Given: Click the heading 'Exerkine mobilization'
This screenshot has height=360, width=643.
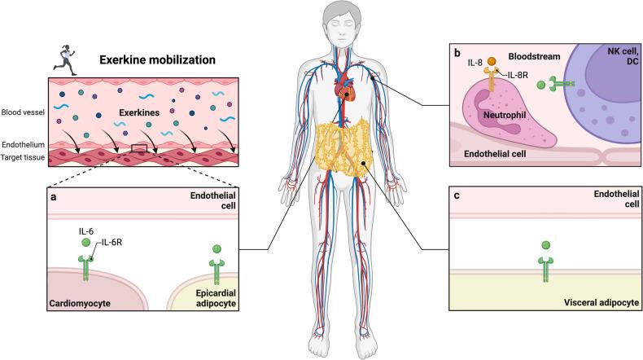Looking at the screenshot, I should click(x=156, y=59).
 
